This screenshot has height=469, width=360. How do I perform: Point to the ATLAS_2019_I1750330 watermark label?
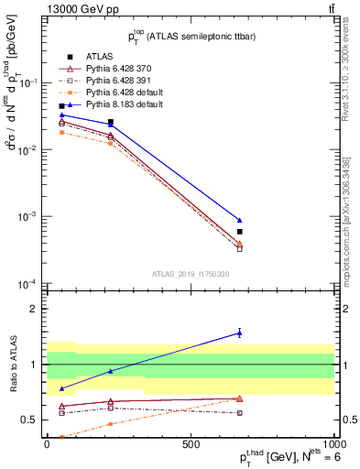(x=191, y=273)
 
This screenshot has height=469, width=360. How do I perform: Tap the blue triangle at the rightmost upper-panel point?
(x=239, y=220)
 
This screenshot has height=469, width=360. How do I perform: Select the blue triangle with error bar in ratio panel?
(x=239, y=333)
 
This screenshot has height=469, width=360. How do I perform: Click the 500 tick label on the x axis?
(x=191, y=443)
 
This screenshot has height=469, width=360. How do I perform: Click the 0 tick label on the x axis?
(x=47, y=443)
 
